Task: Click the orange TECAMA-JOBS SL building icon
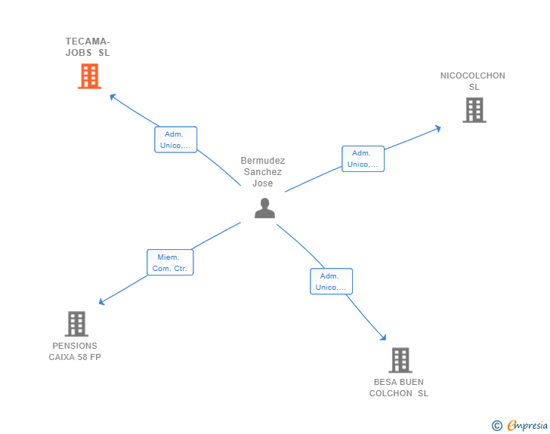pos(89,76)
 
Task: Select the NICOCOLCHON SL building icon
pos(474,110)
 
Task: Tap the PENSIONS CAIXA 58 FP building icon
pos(76,324)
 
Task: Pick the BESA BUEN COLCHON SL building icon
pos(400,360)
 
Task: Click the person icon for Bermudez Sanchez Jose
pos(264,208)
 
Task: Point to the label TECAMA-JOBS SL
pos(88,47)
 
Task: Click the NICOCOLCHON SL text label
pos(473,81)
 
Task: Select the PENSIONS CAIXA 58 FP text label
pos(75,352)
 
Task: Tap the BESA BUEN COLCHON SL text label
pos(398,387)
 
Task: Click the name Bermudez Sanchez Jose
pos(263,172)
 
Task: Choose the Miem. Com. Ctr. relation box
pos(170,263)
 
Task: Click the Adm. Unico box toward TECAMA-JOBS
pos(176,140)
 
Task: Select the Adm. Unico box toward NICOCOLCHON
pos(363,159)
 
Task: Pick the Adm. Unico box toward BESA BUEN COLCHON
pos(331,282)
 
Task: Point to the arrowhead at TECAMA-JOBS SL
pos(112,96)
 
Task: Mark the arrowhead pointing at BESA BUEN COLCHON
pos(384,338)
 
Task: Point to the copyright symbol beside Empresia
pos(497,426)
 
